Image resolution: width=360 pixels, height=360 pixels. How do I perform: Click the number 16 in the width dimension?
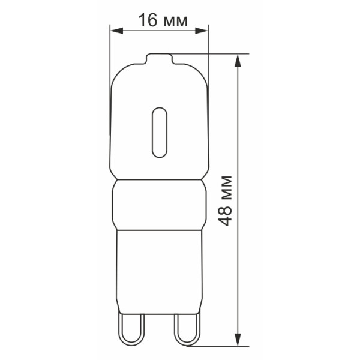(x=148, y=20)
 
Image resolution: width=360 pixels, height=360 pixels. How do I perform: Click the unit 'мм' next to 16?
(x=176, y=22)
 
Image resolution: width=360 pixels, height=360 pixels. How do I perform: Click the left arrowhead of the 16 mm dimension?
(x=116, y=31)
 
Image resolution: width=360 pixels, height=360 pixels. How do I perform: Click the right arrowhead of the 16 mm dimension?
(x=202, y=31)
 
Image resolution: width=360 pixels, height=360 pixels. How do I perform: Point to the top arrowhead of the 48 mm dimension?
(x=238, y=61)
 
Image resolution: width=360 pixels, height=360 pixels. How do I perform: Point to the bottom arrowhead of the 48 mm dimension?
(x=238, y=339)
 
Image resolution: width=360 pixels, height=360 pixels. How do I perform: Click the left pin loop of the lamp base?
(x=131, y=329)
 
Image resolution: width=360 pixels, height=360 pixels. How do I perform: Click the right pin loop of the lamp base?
(x=187, y=329)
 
